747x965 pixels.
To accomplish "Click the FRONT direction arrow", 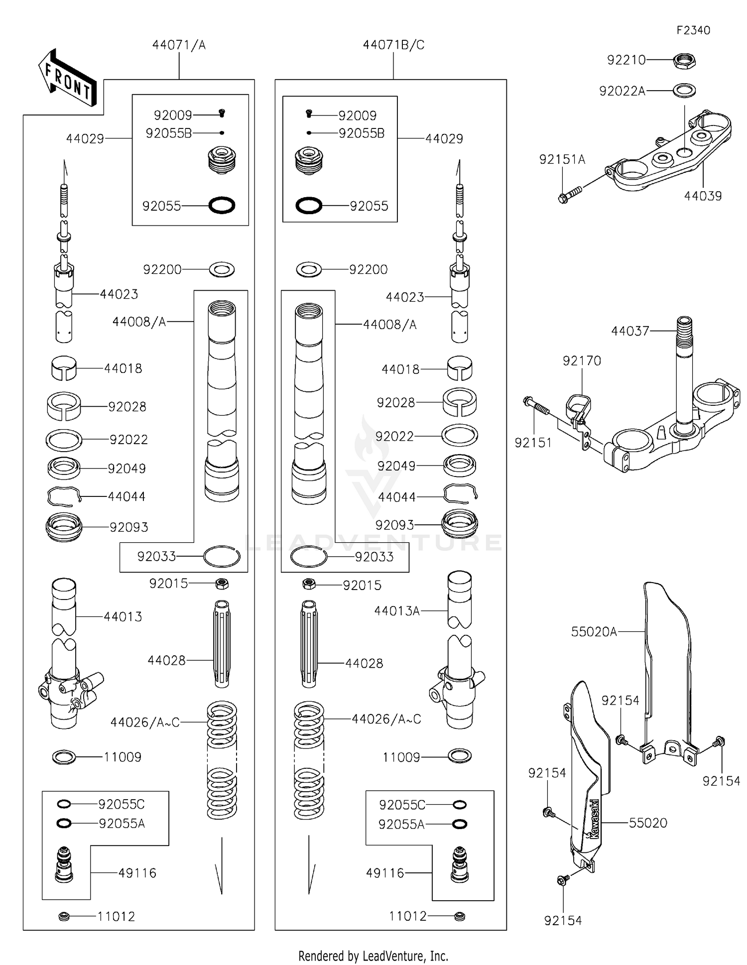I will tap(67, 79).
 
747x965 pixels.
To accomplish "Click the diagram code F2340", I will tap(693, 30).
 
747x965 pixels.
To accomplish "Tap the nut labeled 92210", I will tap(684, 61).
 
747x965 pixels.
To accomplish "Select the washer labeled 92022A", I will tap(684, 91).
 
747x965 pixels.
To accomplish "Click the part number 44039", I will tap(702, 196).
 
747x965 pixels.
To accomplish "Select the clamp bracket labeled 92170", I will tap(579, 406).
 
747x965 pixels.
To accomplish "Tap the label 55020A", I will tap(594, 632).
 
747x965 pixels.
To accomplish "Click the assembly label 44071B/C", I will tap(393, 45).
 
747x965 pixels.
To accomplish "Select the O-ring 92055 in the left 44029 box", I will tap(222, 205).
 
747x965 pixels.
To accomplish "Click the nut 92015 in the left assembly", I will tap(222, 583).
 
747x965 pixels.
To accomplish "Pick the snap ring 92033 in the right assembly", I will tap(309, 557).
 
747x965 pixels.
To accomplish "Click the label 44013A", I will tap(397, 611).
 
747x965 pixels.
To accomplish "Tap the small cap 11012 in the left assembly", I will tap(64, 916).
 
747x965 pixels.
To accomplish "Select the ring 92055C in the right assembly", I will tap(459, 805).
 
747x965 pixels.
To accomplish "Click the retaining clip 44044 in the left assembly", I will tap(64, 496).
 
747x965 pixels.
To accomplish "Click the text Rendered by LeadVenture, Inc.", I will tap(373, 956).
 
